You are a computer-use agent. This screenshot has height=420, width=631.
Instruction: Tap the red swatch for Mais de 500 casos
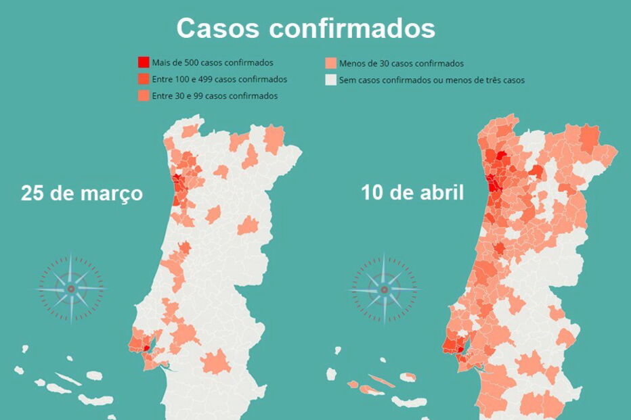[x=144, y=63]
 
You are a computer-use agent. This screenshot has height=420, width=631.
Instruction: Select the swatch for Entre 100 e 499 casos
[x=144, y=79]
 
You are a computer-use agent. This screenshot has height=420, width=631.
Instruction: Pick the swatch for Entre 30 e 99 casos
[x=144, y=96]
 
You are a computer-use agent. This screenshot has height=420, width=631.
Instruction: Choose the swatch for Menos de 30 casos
[x=331, y=64]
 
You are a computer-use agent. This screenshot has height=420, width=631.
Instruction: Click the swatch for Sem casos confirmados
[x=331, y=80]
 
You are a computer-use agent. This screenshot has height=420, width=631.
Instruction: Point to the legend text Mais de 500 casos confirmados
[x=213, y=63]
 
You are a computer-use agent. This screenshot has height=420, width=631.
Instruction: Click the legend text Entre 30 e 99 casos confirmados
[x=215, y=96]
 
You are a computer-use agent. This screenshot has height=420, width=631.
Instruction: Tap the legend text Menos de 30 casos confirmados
[x=401, y=64]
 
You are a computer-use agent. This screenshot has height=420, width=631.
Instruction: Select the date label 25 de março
[x=82, y=193]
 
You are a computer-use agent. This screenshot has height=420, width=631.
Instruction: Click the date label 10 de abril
[x=412, y=193]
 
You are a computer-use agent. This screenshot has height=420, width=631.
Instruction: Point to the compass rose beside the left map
[x=70, y=289]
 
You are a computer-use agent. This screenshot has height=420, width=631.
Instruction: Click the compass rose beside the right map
[x=384, y=289]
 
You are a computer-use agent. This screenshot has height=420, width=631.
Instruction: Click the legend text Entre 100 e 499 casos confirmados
[x=219, y=79]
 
